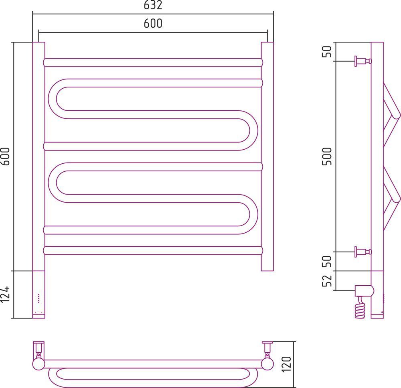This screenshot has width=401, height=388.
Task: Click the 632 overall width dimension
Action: pos(153,5)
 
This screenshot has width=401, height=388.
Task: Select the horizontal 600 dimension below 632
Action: pos(153,23)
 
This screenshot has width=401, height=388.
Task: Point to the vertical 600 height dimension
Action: pos(5,156)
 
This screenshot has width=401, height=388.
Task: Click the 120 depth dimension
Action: pos(287,364)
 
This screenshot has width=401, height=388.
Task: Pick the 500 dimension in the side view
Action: pos(327,156)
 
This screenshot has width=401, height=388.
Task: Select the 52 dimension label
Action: pos(327,280)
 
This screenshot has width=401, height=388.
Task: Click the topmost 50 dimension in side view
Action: pos(327,51)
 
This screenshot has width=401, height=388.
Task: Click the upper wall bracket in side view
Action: pos(363,61)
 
